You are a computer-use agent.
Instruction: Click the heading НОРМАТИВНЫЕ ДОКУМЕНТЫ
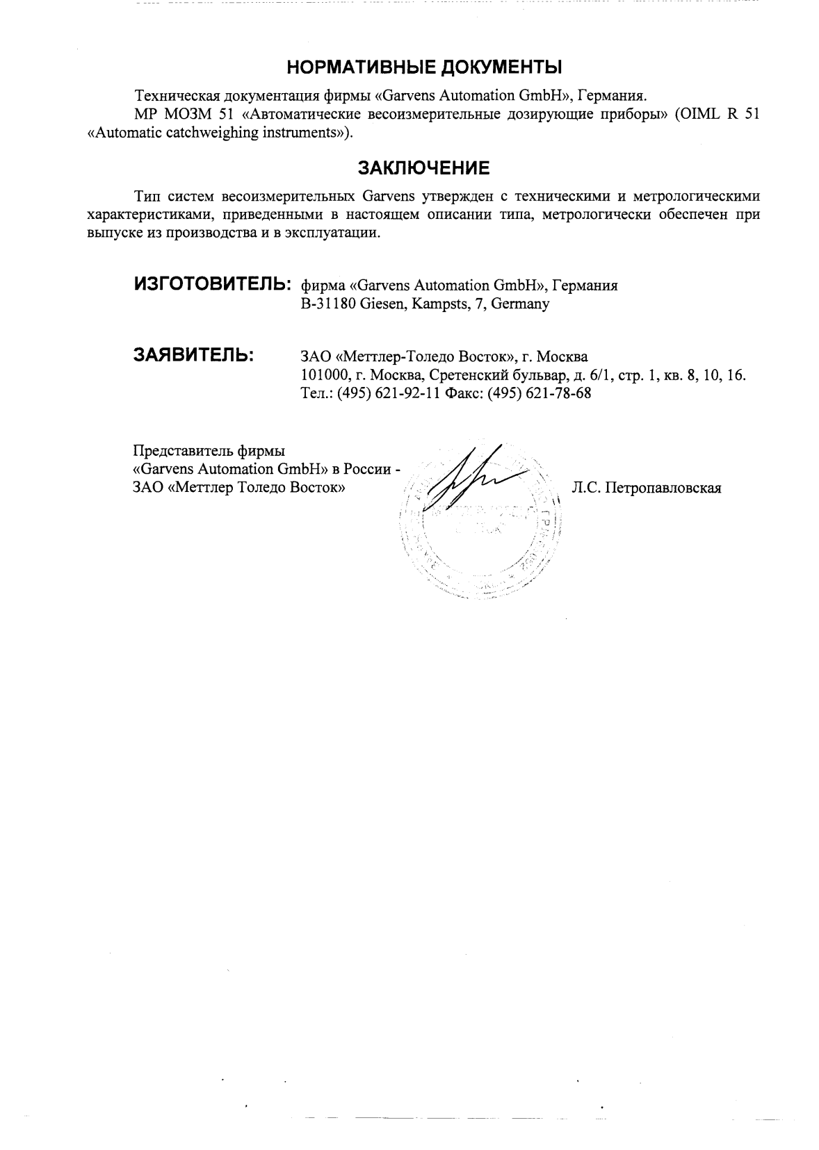click(x=424, y=67)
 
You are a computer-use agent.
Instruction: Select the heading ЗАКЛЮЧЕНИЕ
click(x=423, y=168)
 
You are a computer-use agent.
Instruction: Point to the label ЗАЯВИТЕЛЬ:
click(x=193, y=355)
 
